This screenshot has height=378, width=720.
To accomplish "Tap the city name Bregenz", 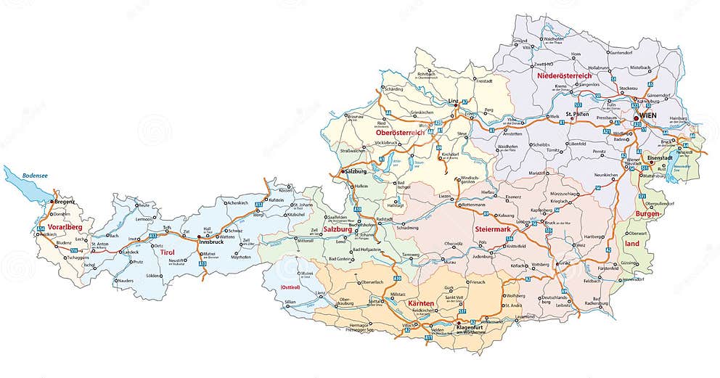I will [x=64, y=201].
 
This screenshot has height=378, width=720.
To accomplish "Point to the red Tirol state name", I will [x=167, y=252].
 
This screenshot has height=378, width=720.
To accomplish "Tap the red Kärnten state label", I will [x=422, y=303].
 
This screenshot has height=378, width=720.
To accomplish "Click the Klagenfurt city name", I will [x=475, y=326].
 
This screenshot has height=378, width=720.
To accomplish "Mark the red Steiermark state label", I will [x=494, y=230].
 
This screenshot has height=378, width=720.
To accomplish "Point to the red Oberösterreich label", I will [x=401, y=133].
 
